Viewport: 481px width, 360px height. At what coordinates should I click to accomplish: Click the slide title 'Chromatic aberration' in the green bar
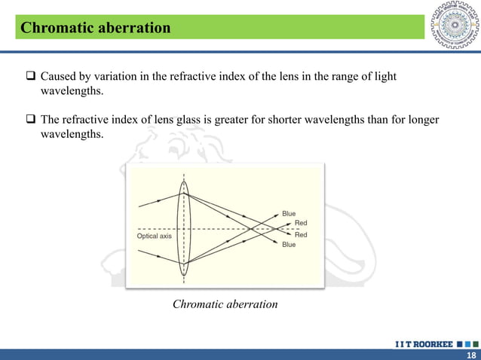(96, 29)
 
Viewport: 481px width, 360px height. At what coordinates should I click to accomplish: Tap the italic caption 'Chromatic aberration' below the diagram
(225, 304)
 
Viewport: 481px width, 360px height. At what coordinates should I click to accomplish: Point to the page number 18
(471, 355)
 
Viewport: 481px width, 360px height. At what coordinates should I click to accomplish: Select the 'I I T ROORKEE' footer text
(424, 344)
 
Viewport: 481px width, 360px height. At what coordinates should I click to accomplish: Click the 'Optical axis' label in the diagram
(154, 236)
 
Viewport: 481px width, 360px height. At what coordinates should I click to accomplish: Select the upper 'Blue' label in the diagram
(289, 214)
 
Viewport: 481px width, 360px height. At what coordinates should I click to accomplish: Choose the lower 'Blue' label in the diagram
(289, 245)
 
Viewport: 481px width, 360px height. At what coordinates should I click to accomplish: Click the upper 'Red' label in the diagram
(301, 223)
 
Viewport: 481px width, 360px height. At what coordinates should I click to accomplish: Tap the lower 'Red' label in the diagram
(301, 235)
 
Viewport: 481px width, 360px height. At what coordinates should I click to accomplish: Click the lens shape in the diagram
(184, 226)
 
